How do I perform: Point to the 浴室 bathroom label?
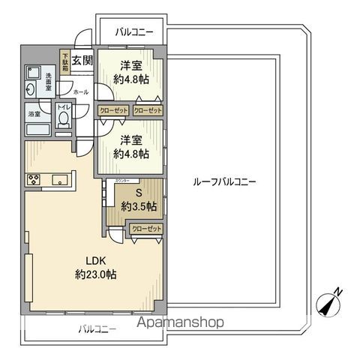click(x=35, y=115)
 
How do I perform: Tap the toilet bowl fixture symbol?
click(x=64, y=119)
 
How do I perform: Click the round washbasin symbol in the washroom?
click(x=31, y=88)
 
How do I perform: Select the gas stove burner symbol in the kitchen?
click(x=34, y=178)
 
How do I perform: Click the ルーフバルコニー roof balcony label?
click(x=224, y=182)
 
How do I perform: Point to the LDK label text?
click(x=95, y=260)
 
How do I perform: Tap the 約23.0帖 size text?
click(x=95, y=274)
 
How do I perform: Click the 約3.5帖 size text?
click(x=138, y=206)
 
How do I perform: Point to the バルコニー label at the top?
click(x=134, y=32)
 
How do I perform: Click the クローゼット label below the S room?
click(x=145, y=229)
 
